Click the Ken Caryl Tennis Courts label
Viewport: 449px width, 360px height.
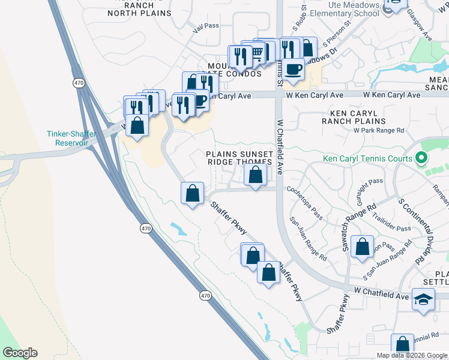367,158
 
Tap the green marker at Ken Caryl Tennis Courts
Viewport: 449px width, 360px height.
421,158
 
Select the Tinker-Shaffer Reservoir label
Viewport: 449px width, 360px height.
68,138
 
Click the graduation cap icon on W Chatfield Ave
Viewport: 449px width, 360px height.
423,299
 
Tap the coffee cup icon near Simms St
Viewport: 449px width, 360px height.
294,68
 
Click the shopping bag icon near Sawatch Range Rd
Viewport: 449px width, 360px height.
362,247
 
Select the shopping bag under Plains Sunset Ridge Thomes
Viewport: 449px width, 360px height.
255,175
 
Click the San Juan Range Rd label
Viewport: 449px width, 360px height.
308,238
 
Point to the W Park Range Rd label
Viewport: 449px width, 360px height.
379,130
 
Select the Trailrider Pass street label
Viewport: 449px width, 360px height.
391,221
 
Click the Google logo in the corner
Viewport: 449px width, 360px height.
20,353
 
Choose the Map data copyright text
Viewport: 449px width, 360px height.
412,355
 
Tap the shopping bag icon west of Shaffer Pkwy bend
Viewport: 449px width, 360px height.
192,194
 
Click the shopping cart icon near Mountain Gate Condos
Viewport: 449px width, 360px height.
257,55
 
